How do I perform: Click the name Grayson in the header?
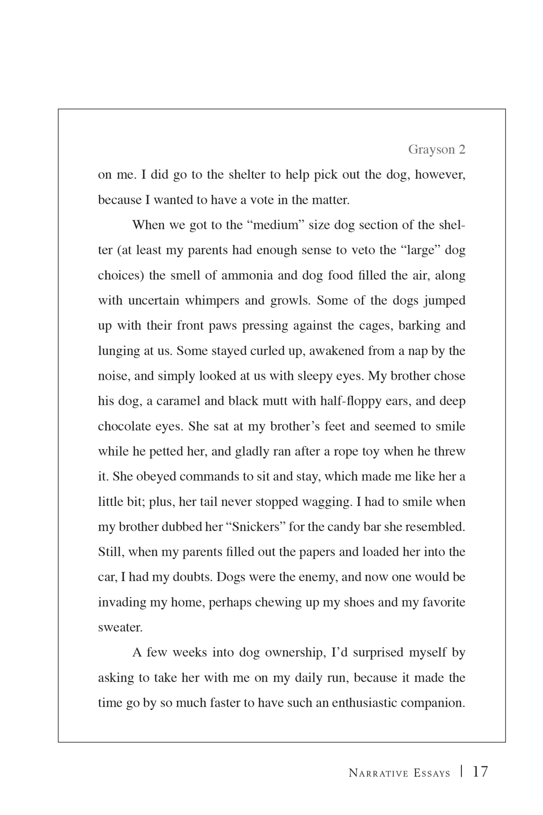(x=431, y=150)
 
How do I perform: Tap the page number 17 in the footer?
(x=480, y=772)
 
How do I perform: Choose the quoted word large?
(x=421, y=250)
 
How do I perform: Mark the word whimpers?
(x=212, y=301)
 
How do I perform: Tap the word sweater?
(x=120, y=627)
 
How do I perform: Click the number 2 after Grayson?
(x=462, y=150)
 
